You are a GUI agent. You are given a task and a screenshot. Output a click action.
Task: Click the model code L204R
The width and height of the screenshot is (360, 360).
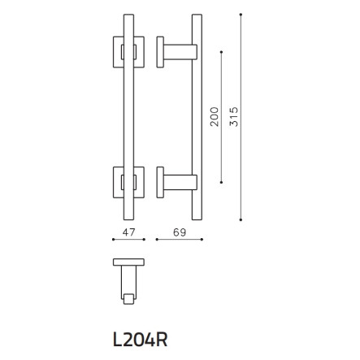tap(140, 340)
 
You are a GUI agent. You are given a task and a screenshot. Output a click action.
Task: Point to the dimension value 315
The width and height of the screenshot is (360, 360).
tap(234, 117)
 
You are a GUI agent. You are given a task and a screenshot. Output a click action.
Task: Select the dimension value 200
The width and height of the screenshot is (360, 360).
tap(215, 117)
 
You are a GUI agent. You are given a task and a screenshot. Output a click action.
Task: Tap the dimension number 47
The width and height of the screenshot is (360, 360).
tap(128, 232)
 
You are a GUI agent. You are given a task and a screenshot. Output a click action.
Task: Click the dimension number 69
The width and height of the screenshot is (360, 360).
tap(180, 232)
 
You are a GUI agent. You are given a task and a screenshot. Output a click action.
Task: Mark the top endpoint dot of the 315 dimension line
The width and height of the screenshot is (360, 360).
tap(241, 14)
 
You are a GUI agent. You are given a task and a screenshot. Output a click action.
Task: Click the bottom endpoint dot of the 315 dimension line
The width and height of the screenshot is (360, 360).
tap(241, 219)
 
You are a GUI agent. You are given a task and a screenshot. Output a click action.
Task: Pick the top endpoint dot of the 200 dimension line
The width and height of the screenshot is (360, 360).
tap(222, 51)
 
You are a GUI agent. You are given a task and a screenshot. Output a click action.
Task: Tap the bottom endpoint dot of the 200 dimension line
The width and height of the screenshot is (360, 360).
tap(222, 182)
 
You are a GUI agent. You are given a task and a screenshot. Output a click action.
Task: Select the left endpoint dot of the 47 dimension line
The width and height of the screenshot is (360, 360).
tap(113, 239)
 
